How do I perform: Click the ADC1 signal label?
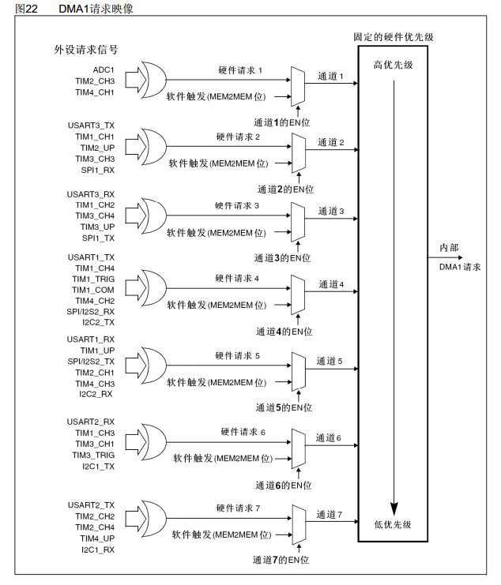104,70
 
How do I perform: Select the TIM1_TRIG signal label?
94,279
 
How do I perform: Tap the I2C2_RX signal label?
96,393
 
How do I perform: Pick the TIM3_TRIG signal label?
94,456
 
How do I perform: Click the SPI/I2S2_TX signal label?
90,361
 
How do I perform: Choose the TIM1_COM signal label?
94,291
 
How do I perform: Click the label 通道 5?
330,361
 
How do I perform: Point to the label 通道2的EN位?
286,189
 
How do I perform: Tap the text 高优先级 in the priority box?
393,64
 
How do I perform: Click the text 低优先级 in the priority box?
393,524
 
